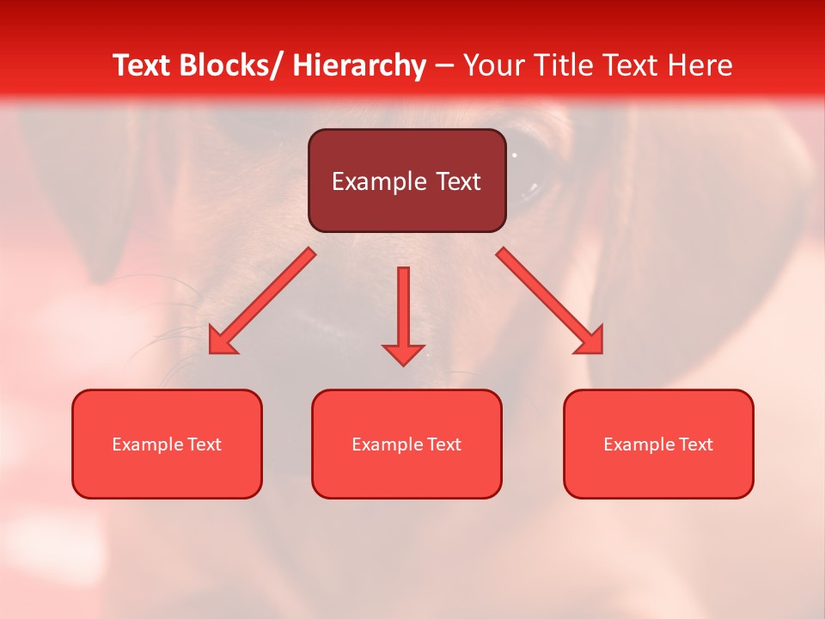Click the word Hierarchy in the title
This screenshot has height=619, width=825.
359,65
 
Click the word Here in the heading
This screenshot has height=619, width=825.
700,65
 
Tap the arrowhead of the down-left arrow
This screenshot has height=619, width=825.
222,341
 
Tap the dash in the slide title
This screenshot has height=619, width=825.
444,65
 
